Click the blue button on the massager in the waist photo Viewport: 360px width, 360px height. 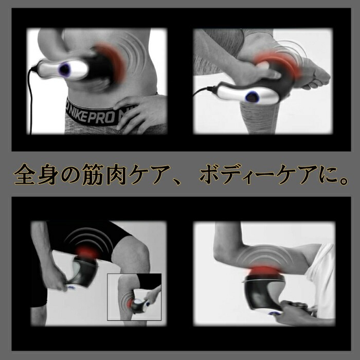click(64, 69)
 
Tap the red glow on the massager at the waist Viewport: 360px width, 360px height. click(113, 60)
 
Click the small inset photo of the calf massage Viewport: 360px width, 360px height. click(134, 297)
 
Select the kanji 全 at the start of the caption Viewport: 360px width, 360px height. click(25, 174)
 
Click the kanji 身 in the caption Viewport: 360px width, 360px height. click(47, 174)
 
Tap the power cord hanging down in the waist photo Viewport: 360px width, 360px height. click(30, 101)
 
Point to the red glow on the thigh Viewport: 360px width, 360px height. click(87, 253)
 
